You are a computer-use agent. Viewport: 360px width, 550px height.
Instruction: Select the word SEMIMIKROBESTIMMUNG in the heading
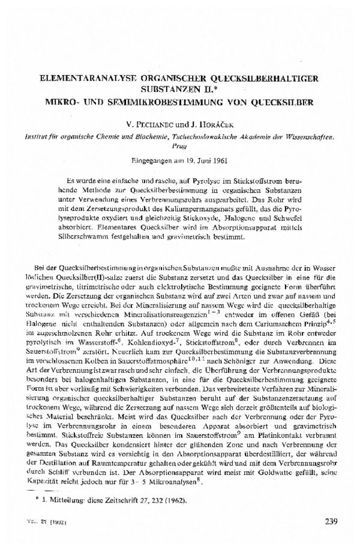pos(158,102)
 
